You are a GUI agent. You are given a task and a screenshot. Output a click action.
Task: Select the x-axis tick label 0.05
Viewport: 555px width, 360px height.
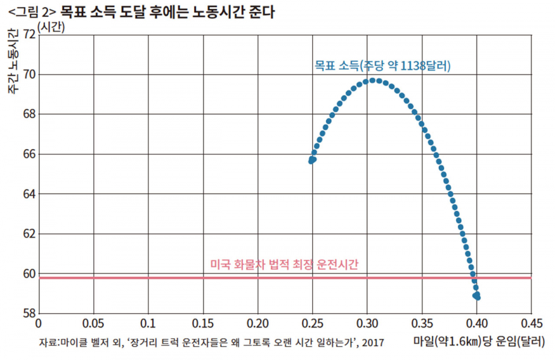point(92,322)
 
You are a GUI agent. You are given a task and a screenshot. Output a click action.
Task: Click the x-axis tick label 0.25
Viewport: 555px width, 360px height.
point(312,322)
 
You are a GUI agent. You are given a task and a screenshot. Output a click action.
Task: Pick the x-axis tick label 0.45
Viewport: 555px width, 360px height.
point(531,322)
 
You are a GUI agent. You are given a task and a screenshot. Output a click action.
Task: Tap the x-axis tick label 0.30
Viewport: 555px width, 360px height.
point(367,322)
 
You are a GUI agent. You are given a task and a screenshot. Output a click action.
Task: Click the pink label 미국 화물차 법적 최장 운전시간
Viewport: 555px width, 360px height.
point(284,265)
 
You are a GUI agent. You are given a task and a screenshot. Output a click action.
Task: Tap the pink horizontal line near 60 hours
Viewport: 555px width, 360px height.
point(173,278)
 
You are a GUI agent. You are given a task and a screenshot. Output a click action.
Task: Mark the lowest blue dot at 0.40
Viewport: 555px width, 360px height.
point(477,297)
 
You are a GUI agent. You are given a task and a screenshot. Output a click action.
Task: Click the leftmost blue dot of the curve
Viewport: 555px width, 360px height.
point(311,161)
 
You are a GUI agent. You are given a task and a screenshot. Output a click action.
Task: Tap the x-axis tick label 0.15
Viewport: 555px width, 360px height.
point(202,322)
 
